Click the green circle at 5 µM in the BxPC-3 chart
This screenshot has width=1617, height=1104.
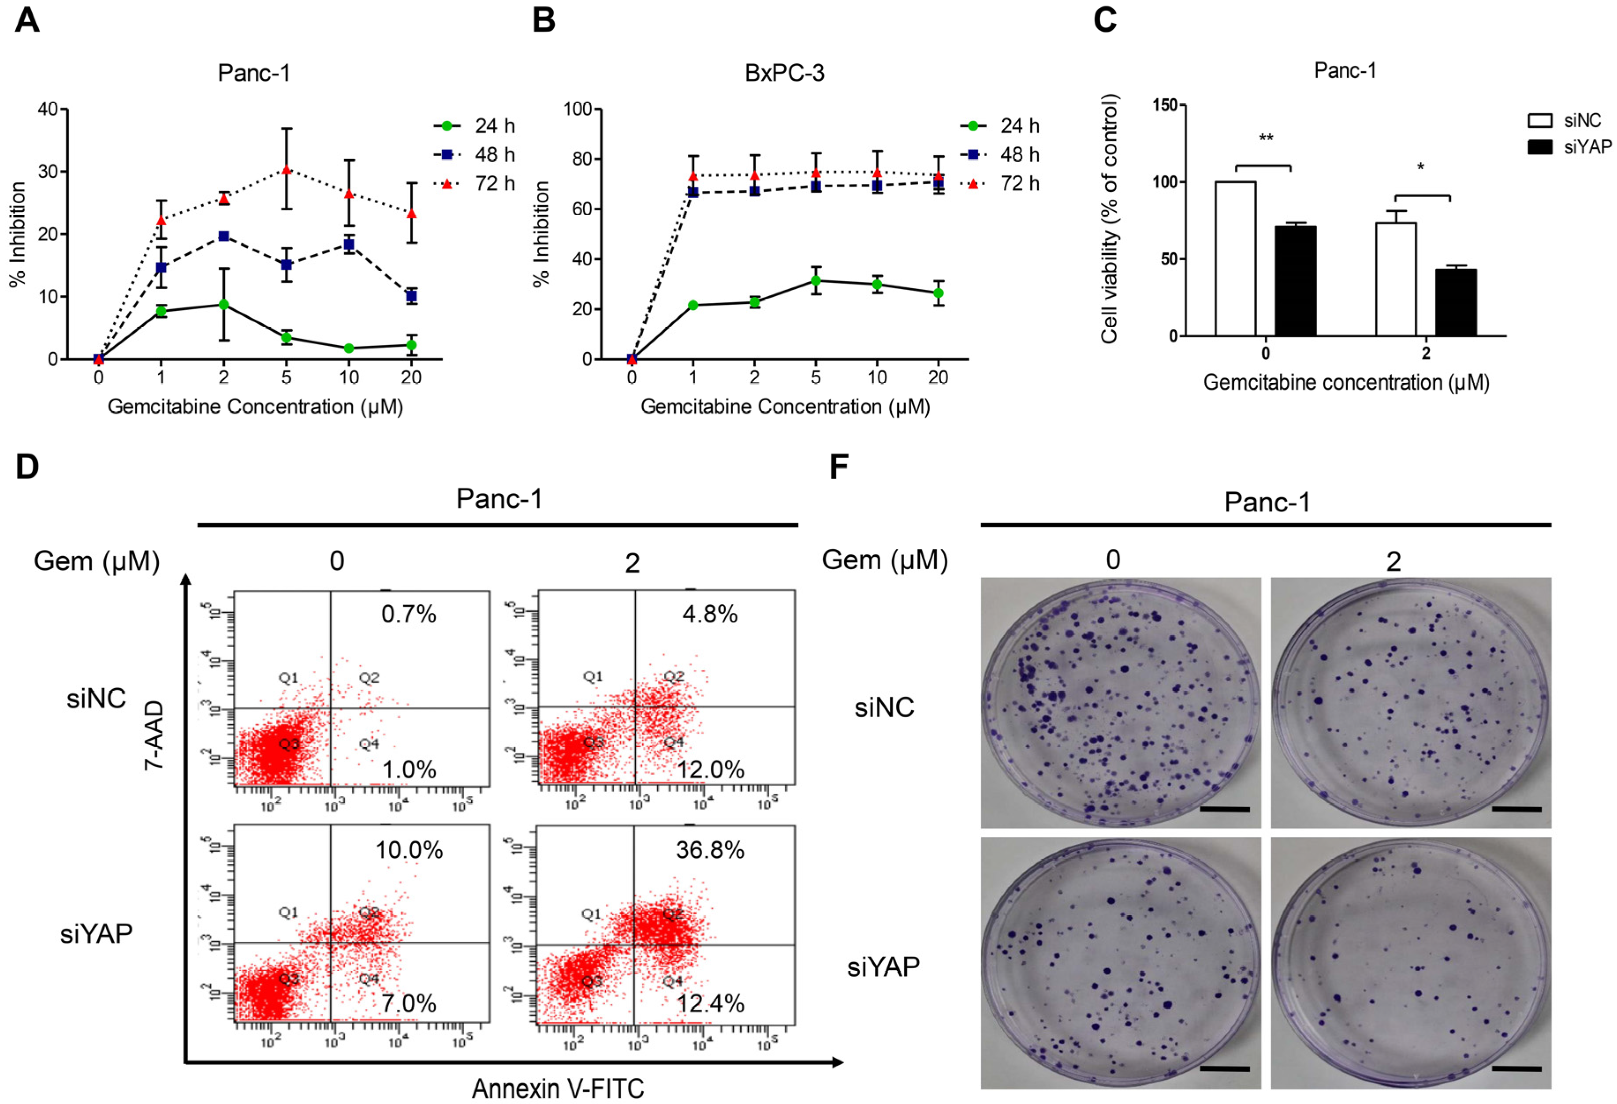pyautogui.click(x=816, y=281)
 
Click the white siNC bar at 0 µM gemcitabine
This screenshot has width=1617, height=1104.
pyautogui.click(x=1236, y=259)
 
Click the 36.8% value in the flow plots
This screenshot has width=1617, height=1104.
pyautogui.click(x=710, y=850)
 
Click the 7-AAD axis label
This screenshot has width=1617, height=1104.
pyautogui.click(x=154, y=735)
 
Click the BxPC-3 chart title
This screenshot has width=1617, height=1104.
pyautogui.click(x=784, y=73)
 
